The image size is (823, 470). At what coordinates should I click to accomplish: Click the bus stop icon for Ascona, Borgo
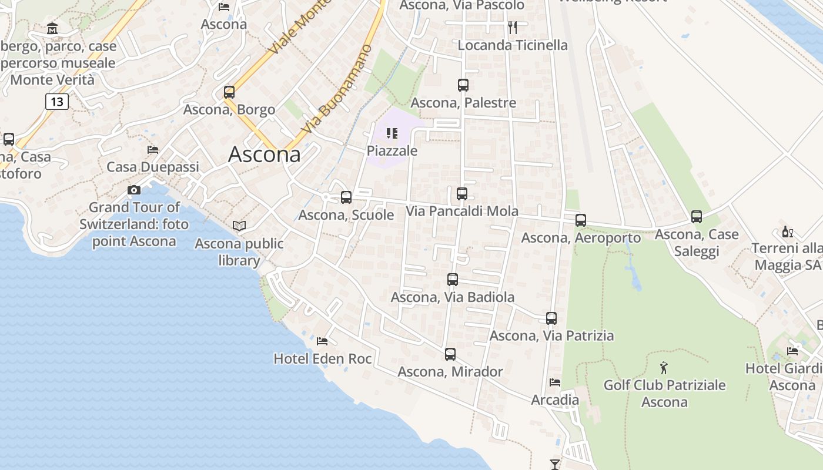pos(229,92)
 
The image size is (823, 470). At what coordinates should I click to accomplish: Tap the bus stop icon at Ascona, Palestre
pos(463,85)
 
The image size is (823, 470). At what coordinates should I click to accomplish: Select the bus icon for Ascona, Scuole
pos(346,197)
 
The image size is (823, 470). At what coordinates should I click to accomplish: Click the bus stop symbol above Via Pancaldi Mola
pos(462,194)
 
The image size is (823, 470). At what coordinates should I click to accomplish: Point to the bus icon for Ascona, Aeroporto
pos(581,220)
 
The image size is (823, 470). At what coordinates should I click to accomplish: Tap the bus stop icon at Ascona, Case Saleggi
pos(697,217)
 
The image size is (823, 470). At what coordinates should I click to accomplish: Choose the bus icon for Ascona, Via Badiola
pos(453,280)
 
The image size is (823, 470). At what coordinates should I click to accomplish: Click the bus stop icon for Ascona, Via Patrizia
pos(551,318)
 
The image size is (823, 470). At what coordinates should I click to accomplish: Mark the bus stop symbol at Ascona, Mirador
pos(450,354)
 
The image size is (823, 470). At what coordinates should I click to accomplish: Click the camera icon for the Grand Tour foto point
pos(134,190)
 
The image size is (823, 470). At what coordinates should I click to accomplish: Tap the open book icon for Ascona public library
pos(239,226)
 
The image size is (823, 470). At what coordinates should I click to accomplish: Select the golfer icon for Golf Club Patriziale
pos(664,368)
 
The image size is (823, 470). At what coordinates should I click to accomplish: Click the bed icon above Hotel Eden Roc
pos(322,341)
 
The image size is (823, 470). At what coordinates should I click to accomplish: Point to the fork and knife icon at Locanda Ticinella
pos(513,27)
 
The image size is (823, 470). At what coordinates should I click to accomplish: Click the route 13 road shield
pos(57,102)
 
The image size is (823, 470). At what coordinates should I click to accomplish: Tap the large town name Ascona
pos(265,155)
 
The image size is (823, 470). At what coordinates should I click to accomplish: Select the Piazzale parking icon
pos(392,133)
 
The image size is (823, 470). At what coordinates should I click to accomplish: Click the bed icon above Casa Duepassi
pos(153,150)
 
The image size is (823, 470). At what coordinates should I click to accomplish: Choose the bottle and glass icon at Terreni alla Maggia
pos(788,231)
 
